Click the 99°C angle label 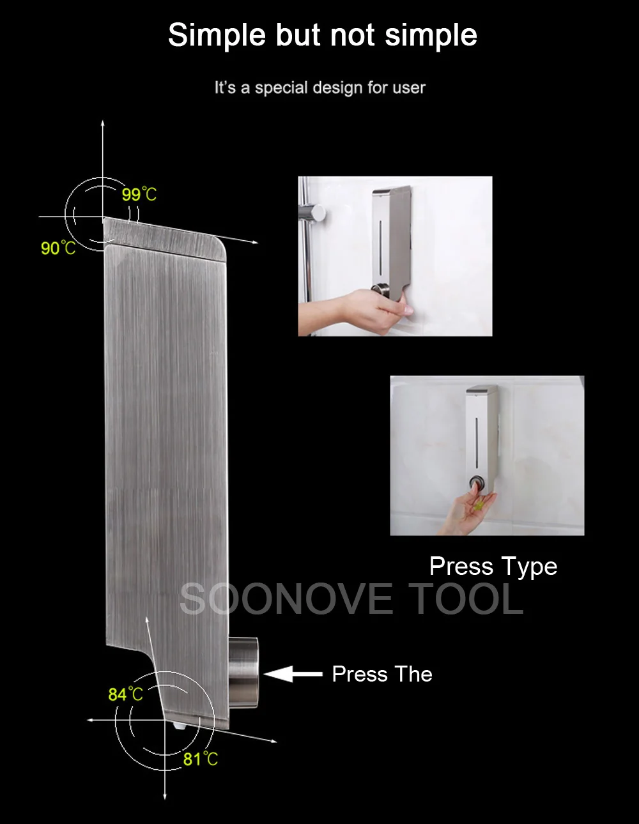139,195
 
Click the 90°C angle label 58,248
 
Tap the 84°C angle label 125,694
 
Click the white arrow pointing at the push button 293,674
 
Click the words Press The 382,674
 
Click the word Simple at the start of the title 217,36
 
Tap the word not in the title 353,35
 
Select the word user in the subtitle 409,88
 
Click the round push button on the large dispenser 243,673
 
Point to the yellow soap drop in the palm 479,505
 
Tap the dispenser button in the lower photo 477,484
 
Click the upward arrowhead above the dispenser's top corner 102,124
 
